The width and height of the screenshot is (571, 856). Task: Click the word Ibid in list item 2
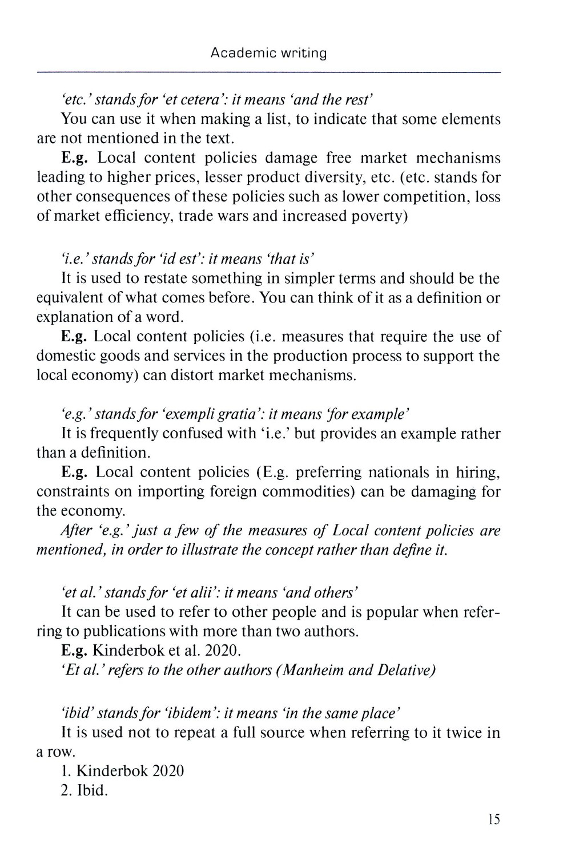91,791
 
